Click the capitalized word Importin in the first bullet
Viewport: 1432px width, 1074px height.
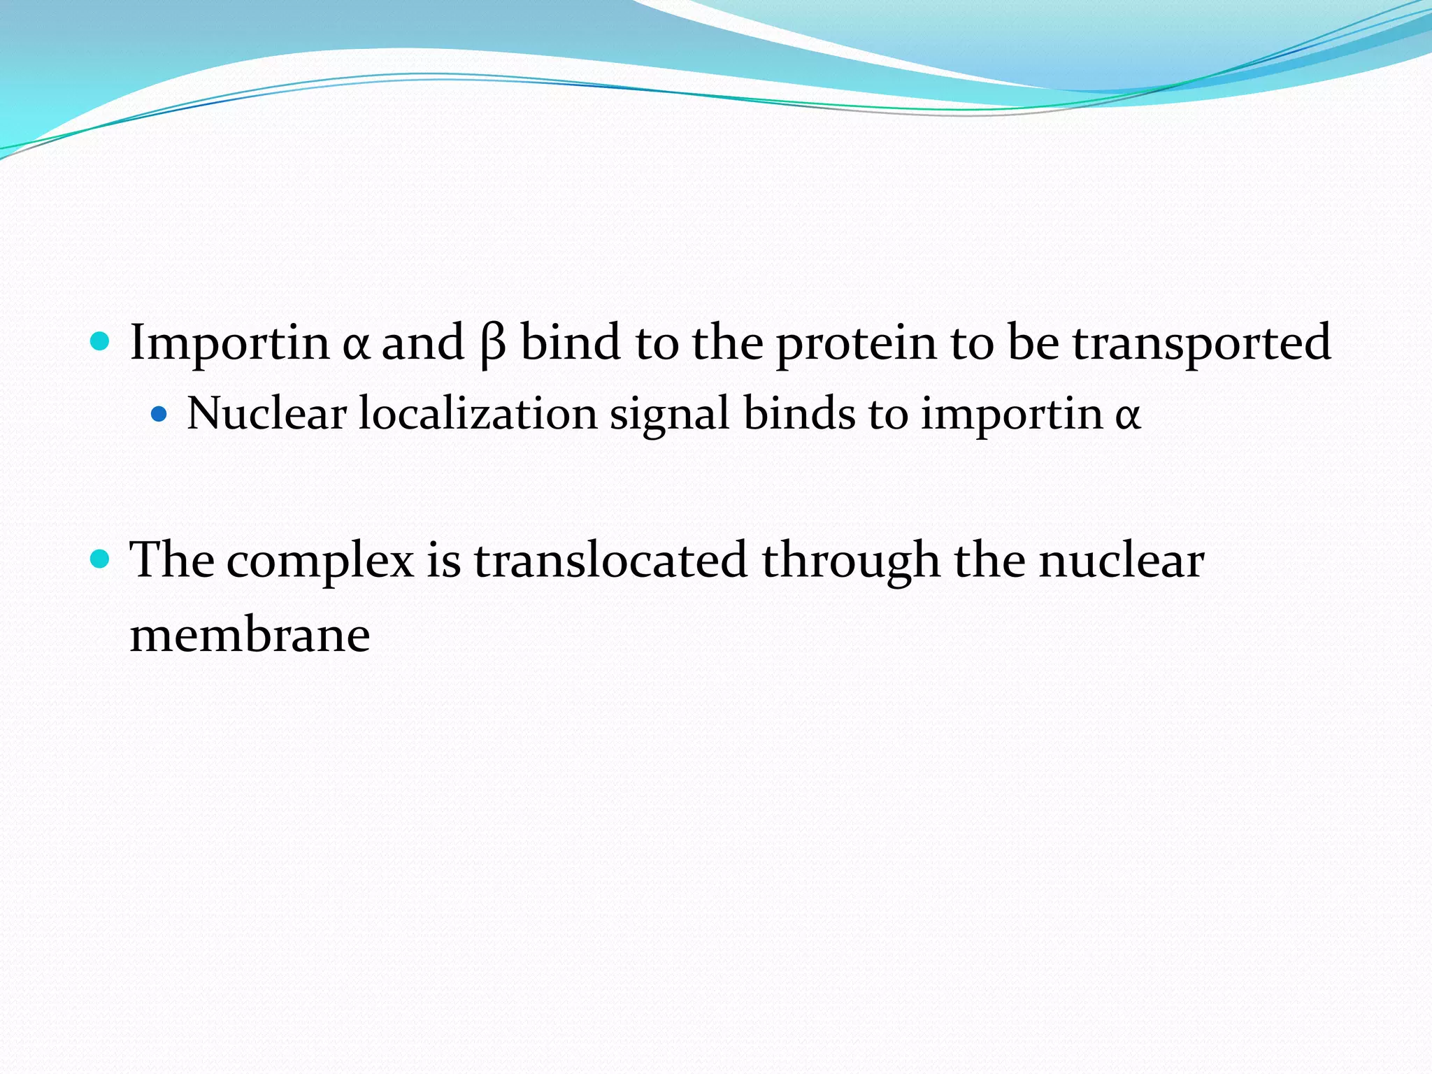click(229, 343)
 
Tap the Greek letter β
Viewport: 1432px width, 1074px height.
click(493, 344)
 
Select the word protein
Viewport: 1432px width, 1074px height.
click(857, 344)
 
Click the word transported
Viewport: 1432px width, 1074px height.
click(1201, 344)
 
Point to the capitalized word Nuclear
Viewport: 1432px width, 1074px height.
click(266, 413)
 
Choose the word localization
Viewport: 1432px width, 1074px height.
click(478, 413)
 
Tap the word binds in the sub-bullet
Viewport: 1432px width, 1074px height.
click(799, 413)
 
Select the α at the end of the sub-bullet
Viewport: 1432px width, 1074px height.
click(1127, 415)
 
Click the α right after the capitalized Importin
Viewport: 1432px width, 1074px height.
click(356, 345)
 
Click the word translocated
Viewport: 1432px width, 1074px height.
click(610, 561)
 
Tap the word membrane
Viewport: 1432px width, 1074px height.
click(250, 636)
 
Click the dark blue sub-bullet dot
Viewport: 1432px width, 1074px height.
click(159, 415)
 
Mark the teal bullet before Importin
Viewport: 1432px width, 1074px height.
click(101, 342)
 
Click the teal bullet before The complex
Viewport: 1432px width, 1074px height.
click(101, 559)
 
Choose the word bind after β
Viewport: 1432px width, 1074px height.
click(571, 343)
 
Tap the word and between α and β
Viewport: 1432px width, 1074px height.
click(422, 343)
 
